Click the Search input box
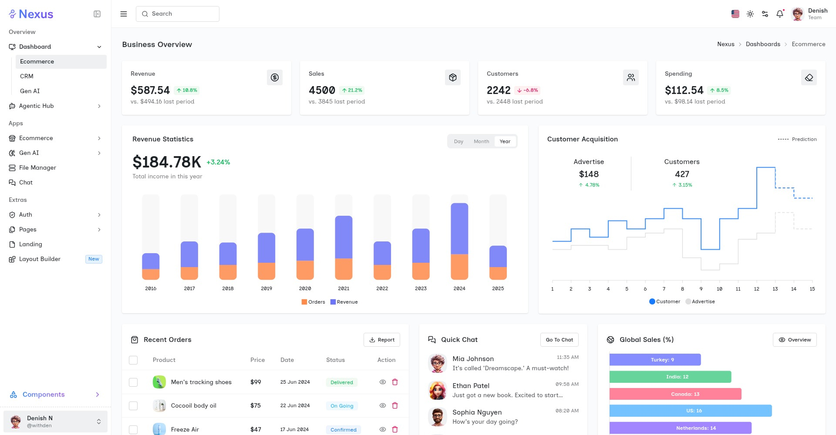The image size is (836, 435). click(x=178, y=14)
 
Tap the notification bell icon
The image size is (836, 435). click(x=780, y=14)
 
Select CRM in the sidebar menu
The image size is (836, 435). click(x=27, y=76)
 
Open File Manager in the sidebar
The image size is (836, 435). click(x=37, y=167)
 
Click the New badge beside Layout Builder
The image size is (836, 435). click(x=94, y=259)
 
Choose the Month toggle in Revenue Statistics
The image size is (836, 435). click(x=481, y=141)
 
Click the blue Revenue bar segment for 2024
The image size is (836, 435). click(x=459, y=228)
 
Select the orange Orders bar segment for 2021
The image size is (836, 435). click(x=344, y=269)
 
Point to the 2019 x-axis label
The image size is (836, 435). click(x=266, y=288)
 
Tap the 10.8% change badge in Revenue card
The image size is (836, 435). click(x=187, y=90)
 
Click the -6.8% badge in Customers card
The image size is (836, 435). click(x=527, y=90)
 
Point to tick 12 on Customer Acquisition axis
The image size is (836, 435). click(x=757, y=289)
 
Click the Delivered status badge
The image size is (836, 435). click(x=342, y=382)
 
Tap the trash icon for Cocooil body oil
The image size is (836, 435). click(x=395, y=405)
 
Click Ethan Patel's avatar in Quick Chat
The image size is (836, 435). click(x=437, y=390)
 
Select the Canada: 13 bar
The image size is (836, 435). click(x=675, y=394)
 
